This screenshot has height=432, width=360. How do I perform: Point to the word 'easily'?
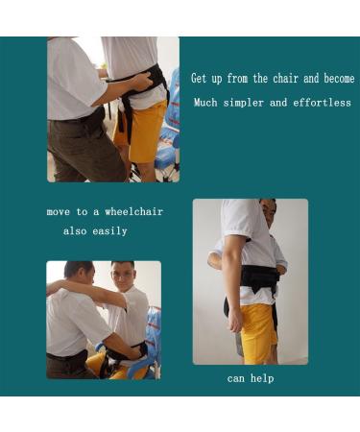[110, 231]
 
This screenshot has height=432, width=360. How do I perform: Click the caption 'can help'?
[251, 378]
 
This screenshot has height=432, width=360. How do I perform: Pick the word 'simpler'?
[248, 102]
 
